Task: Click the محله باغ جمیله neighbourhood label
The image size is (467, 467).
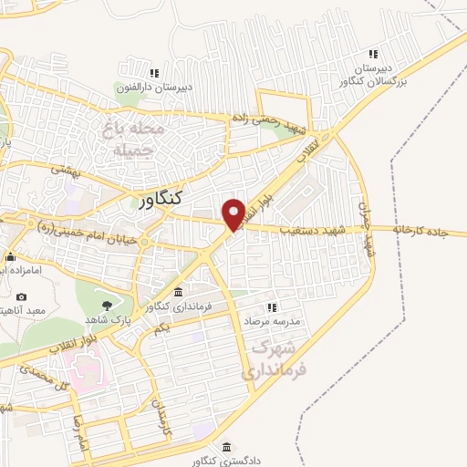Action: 134,138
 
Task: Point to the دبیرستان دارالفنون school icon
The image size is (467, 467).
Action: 155,73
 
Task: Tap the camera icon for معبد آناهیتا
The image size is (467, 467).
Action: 22,297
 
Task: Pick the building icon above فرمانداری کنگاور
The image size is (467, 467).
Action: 178,293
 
